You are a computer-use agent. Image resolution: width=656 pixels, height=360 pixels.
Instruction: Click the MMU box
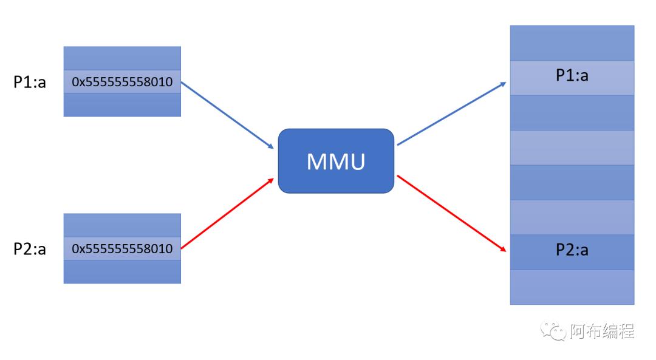pyautogui.click(x=336, y=161)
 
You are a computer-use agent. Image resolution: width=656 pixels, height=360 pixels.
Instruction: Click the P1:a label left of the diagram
pyautogui.click(x=30, y=82)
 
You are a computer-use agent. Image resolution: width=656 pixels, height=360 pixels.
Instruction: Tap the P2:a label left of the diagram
pyautogui.click(x=30, y=249)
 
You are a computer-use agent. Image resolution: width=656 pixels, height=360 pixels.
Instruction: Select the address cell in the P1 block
pyautogui.click(x=122, y=81)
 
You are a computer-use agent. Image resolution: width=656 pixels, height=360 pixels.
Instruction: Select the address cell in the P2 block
pyautogui.click(x=122, y=249)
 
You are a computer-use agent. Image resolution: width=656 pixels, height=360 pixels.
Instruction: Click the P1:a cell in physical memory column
pyautogui.click(x=572, y=77)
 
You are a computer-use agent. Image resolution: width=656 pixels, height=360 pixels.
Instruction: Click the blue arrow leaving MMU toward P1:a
pyautogui.click(x=451, y=114)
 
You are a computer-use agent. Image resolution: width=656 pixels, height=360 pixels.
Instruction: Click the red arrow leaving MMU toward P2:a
pyautogui.click(x=451, y=213)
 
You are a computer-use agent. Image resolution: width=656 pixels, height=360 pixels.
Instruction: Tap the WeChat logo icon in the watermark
pyautogui.click(x=552, y=331)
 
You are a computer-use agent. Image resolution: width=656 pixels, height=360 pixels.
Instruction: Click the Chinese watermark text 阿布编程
pyautogui.click(x=602, y=331)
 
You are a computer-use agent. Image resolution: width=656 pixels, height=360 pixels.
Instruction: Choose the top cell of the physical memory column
pyautogui.click(x=572, y=42)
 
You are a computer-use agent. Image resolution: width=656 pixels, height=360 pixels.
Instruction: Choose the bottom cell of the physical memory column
pyautogui.click(x=572, y=287)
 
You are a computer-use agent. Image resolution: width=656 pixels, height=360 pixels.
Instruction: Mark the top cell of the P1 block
pyautogui.click(x=122, y=58)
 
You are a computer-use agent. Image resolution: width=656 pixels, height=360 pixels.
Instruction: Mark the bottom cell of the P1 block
pyautogui.click(x=122, y=104)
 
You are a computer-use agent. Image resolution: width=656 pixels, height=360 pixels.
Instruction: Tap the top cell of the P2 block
pyautogui.click(x=122, y=225)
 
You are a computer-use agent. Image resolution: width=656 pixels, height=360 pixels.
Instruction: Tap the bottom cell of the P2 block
pyautogui.click(x=122, y=271)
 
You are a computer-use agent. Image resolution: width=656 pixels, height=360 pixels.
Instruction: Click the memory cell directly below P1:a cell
pyautogui.click(x=572, y=112)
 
